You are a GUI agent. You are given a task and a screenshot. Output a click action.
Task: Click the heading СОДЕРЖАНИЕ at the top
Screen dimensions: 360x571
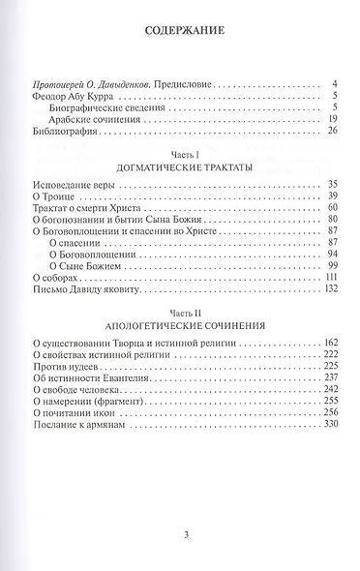coord(179,30)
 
